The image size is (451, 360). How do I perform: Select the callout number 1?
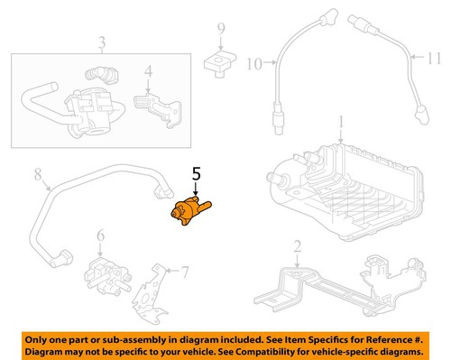coord(341,121)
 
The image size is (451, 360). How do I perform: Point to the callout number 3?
coord(102,42)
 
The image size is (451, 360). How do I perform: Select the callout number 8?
coord(37,172)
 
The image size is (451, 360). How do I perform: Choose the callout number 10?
coord(253,62)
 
